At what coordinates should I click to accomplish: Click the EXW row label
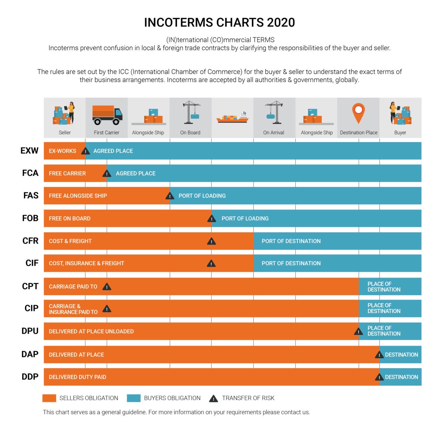tap(29, 150)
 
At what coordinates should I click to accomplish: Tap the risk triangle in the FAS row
tap(170, 196)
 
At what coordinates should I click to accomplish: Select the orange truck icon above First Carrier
tap(107, 115)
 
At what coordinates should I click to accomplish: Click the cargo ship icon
tap(232, 117)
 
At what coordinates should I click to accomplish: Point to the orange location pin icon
tap(358, 113)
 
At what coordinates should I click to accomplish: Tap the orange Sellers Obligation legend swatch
tap(49, 398)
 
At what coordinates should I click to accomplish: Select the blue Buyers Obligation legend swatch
tap(133, 398)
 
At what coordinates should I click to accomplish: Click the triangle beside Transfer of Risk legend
tap(213, 399)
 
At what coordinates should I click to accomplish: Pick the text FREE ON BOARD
tap(70, 218)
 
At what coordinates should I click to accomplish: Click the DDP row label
tap(30, 377)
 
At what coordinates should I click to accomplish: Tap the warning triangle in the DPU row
tap(358, 332)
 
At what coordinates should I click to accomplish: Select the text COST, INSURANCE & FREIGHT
tap(86, 263)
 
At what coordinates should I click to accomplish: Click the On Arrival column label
tap(273, 132)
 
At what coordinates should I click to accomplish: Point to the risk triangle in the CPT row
tap(107, 287)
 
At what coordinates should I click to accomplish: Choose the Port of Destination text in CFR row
tap(291, 241)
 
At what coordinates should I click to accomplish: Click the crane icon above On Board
tap(191, 112)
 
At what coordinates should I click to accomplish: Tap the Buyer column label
tap(400, 132)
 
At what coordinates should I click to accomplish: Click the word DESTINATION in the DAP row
tap(401, 355)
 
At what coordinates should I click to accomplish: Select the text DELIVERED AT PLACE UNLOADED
tap(91, 331)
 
